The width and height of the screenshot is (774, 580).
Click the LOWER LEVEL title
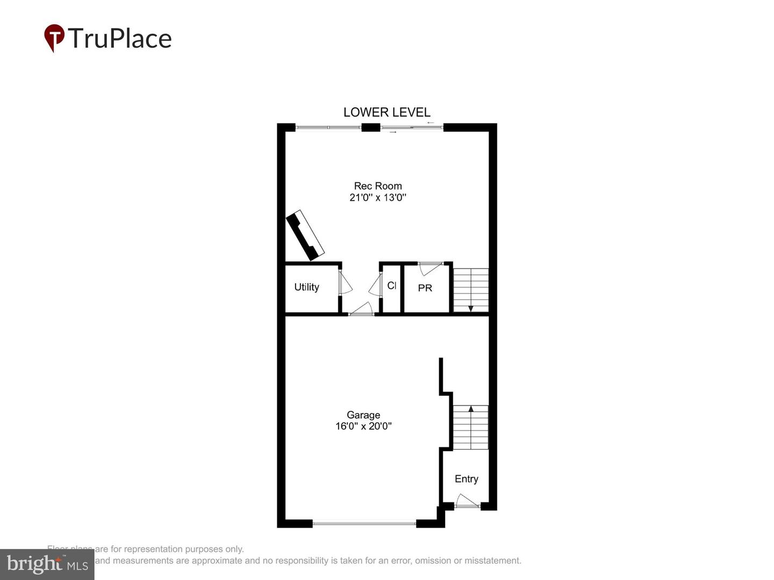(x=387, y=112)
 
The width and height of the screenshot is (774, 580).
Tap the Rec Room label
(x=378, y=186)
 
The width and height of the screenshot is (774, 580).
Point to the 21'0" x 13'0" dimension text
(x=378, y=198)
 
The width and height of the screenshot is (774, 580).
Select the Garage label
(x=363, y=415)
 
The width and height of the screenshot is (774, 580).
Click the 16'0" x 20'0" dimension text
(x=363, y=426)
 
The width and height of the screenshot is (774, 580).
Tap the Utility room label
(x=306, y=287)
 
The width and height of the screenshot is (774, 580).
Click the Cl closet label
(x=392, y=286)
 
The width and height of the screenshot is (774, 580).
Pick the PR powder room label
(x=425, y=288)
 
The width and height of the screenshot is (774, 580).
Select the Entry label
(x=466, y=479)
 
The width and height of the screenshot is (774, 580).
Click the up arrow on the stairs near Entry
(x=471, y=409)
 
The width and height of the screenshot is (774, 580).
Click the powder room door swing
(x=430, y=268)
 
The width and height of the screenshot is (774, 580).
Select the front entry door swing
(x=467, y=501)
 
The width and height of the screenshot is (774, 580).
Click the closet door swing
(x=375, y=285)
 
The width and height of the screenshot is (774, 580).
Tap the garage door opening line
(x=364, y=523)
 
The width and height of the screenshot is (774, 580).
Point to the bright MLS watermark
(x=47, y=564)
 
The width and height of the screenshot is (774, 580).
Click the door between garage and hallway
(x=361, y=309)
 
